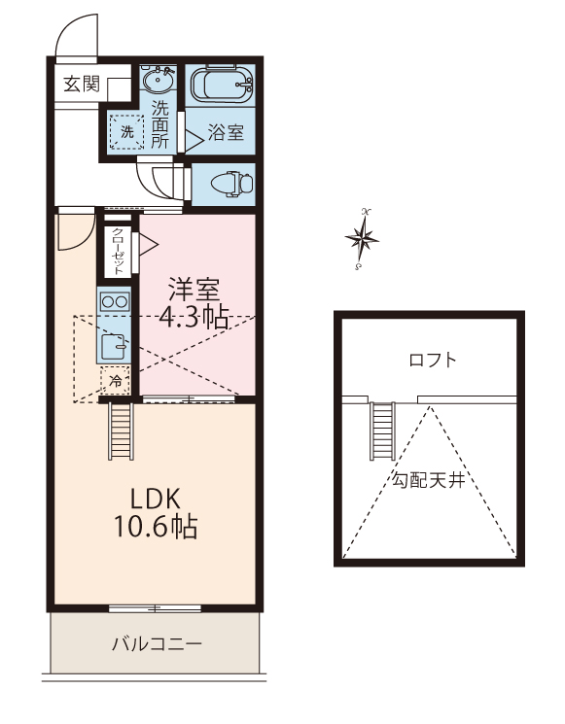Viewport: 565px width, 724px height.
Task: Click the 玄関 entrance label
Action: [x=82, y=84]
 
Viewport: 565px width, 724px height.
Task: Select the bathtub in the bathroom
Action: [x=222, y=85]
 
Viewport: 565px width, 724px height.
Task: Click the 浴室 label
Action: [x=226, y=132]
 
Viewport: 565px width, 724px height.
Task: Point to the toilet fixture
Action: [x=232, y=185]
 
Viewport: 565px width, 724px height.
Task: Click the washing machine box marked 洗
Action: [x=127, y=131]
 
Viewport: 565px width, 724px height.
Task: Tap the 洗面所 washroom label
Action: [x=159, y=124]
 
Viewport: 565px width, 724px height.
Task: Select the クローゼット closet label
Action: [x=118, y=252]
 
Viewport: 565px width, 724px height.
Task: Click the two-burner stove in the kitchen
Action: [x=114, y=302]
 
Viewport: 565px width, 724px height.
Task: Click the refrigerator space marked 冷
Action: [x=116, y=381]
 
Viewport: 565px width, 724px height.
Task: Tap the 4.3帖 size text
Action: [x=194, y=318]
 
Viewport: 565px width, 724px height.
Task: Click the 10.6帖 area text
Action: [x=157, y=527]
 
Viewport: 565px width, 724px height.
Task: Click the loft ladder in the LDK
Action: [x=121, y=431]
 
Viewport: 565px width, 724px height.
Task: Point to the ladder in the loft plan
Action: [x=382, y=431]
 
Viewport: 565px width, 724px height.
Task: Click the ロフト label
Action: [x=433, y=360]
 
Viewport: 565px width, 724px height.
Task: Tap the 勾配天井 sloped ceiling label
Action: [x=428, y=481]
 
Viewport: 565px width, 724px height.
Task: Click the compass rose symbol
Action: [x=362, y=239]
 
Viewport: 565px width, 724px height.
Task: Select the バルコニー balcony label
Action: [x=158, y=643]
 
